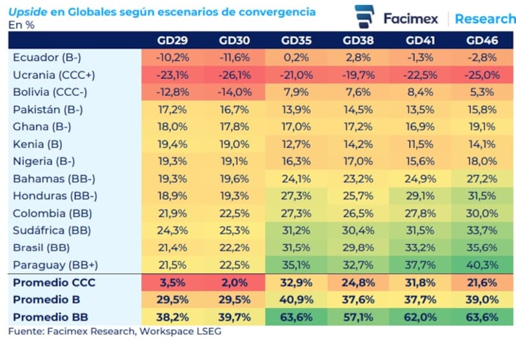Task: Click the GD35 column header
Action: coord(296,40)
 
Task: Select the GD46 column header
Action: coord(482,40)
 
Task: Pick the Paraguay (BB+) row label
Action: coord(48,265)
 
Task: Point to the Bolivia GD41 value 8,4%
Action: coord(420,92)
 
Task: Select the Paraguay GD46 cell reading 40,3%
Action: coord(482,265)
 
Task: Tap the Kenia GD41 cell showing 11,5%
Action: coord(420,143)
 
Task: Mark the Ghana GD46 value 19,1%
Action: coord(482,126)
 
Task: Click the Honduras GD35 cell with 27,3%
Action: coord(296,195)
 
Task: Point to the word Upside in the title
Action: coord(25,12)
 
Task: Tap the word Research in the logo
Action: coord(484,19)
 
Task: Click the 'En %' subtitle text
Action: coord(21,25)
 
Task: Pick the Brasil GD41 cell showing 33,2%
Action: coord(420,247)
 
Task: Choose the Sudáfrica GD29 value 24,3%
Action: coord(173,230)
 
